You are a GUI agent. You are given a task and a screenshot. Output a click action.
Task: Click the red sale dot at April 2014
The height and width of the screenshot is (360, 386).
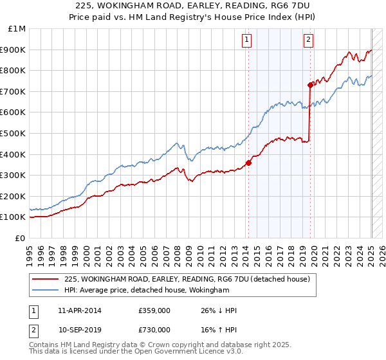click(x=248, y=163)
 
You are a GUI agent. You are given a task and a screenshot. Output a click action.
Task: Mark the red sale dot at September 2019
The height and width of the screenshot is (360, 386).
click(x=310, y=84)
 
